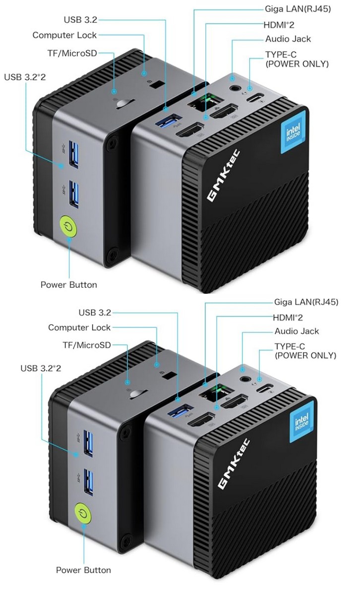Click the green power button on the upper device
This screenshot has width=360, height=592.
[x=68, y=227]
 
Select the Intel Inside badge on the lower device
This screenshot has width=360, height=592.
[x=301, y=423]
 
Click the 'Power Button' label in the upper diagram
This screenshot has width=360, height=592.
[x=68, y=285]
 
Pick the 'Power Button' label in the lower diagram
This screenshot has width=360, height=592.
[x=83, y=570]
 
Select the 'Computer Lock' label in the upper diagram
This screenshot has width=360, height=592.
[x=64, y=35]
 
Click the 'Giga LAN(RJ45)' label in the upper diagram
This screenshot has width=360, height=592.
[x=298, y=9]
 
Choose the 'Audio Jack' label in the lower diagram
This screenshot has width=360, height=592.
[x=298, y=331]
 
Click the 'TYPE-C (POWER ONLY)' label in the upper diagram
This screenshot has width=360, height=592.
[x=297, y=59]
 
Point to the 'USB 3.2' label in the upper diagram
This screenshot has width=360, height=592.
[x=80, y=20]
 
